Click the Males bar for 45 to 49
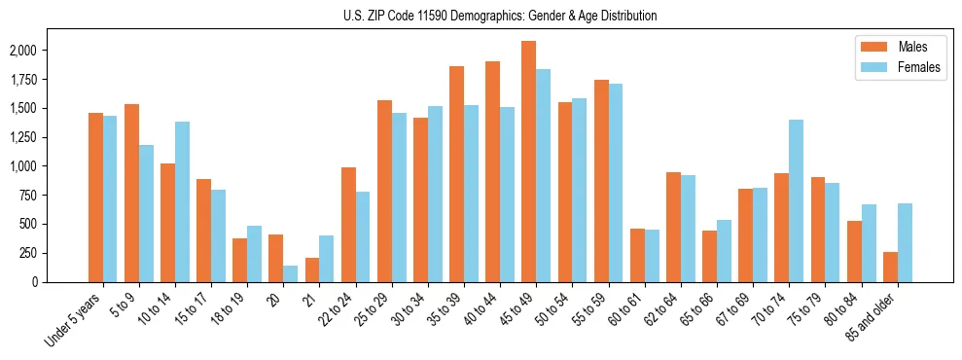[528, 162]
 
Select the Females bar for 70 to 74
[796, 200]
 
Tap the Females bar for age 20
[290, 273]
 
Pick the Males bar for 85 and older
[890, 267]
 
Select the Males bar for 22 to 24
[348, 225]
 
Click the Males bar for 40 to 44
[492, 171]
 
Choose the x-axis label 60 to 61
[624, 310]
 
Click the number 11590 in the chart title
[435, 16]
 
